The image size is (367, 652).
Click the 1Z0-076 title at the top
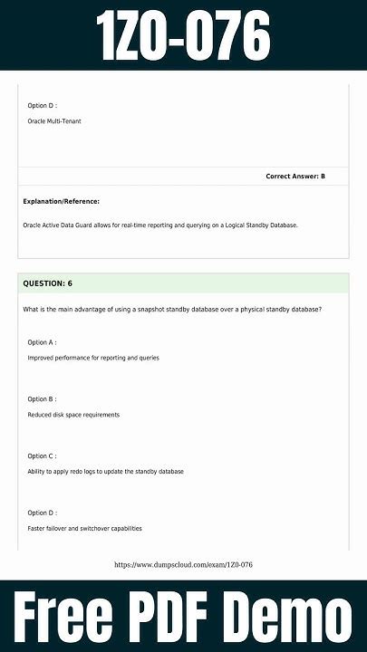click(183, 36)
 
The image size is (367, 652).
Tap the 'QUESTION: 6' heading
click(47, 283)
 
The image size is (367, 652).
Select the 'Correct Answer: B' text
click(295, 176)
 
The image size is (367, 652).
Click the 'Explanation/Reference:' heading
click(61, 201)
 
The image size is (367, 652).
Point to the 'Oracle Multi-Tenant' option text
click(54, 120)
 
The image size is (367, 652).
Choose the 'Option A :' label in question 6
click(42, 342)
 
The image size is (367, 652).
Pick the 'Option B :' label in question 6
click(42, 398)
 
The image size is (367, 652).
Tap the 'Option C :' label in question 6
click(42, 455)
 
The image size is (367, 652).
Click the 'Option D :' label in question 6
click(42, 513)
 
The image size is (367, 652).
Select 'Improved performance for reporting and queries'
click(93, 358)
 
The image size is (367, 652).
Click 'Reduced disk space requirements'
click(73, 415)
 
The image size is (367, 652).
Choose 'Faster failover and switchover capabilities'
click(84, 528)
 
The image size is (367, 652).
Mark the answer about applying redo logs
click(106, 472)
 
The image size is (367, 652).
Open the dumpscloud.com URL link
click(183, 565)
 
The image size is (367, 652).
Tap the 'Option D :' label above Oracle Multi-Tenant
click(42, 105)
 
